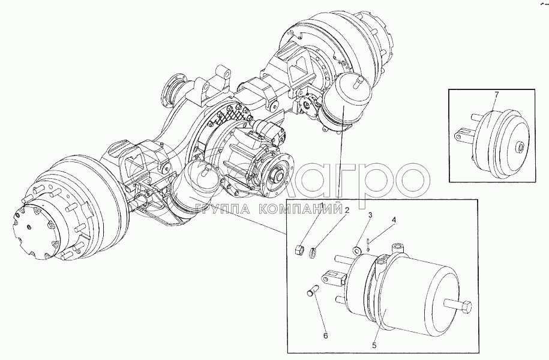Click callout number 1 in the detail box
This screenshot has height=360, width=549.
[x=322, y=206]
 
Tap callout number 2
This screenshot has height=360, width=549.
[x=347, y=211]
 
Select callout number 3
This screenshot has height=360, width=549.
[x=370, y=215]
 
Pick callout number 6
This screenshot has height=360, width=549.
[x=326, y=336]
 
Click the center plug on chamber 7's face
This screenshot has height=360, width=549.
[x=519, y=146]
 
